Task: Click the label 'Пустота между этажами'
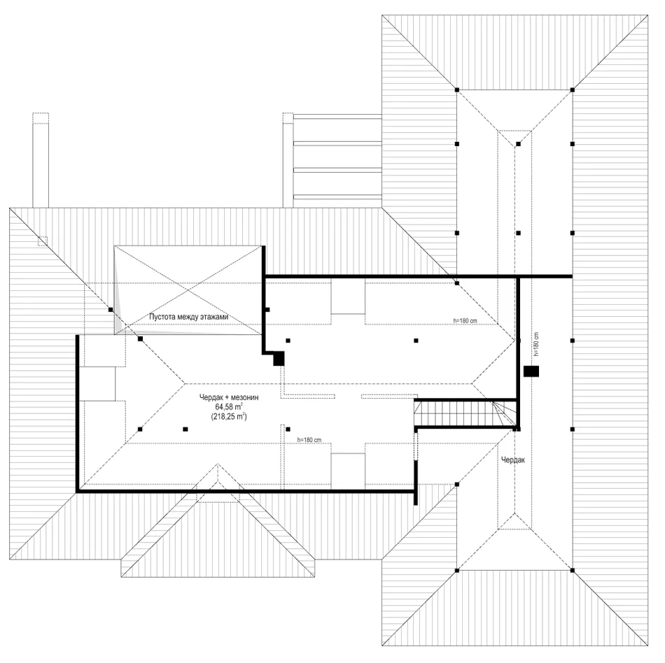189,316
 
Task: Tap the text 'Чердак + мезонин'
229,397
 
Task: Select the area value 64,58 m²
229,407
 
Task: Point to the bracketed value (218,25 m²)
229,416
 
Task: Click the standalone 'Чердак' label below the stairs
513,459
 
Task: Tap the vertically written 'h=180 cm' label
536,344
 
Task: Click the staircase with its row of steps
465,413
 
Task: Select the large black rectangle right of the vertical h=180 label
531,371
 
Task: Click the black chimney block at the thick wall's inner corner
279,359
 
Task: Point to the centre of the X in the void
188,290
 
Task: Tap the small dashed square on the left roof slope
43,241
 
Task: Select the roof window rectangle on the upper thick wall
348,296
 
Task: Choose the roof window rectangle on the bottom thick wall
348,471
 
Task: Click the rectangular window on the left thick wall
97,384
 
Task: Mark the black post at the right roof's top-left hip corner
457,90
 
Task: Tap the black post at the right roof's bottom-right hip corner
573,571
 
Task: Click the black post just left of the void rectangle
111,310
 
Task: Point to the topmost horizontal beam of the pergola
337,117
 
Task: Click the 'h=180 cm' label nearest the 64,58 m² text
309,440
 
